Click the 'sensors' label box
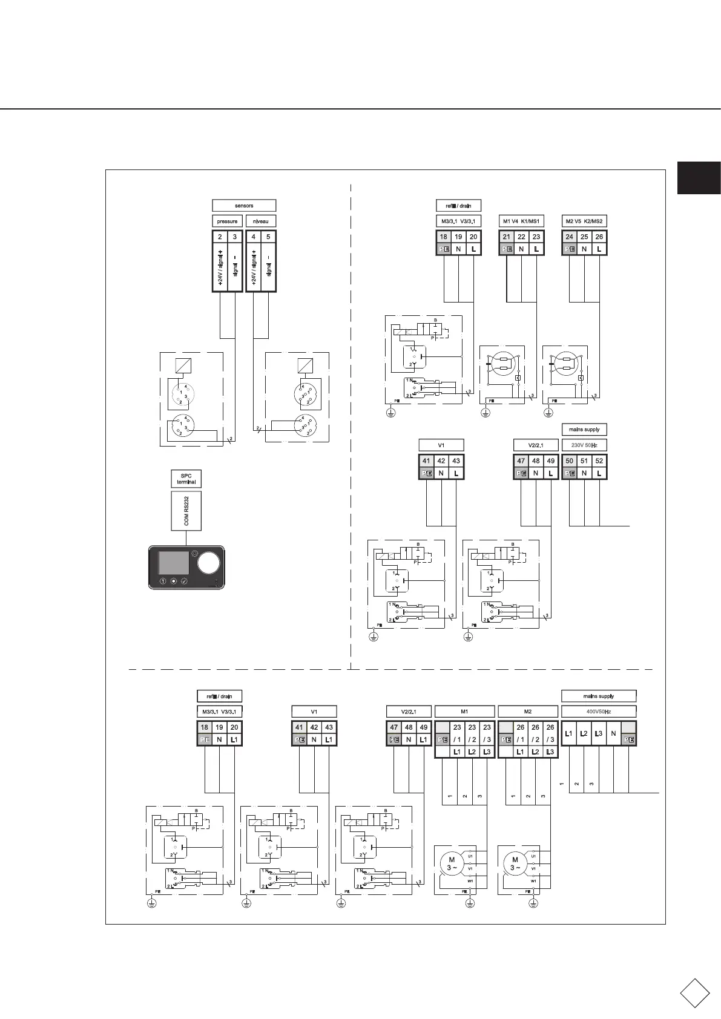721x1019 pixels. click(x=244, y=206)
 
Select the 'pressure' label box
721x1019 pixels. click(x=227, y=221)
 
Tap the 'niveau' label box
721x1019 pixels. click(x=261, y=221)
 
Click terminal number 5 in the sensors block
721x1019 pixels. click(x=268, y=237)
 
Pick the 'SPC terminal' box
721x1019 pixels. click(x=186, y=479)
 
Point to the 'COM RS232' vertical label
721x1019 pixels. click(x=186, y=511)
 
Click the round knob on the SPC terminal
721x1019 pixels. click(x=208, y=563)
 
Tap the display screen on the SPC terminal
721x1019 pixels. click(x=173, y=562)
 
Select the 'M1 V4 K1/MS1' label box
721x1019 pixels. click(x=521, y=221)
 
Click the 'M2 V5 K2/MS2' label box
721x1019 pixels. click(x=584, y=221)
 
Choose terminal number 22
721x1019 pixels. click(x=521, y=237)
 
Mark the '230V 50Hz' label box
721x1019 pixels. click(x=584, y=445)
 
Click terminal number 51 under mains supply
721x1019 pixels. click(x=584, y=461)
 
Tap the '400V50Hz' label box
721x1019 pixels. click(x=599, y=712)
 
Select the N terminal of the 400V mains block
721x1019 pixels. click(x=614, y=734)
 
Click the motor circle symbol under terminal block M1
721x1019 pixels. click(x=452, y=863)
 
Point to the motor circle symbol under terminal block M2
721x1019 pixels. click(x=515, y=863)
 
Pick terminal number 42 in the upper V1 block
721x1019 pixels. click(x=441, y=461)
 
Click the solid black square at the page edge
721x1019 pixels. click(x=699, y=178)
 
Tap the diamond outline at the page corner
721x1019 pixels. click(x=694, y=993)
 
